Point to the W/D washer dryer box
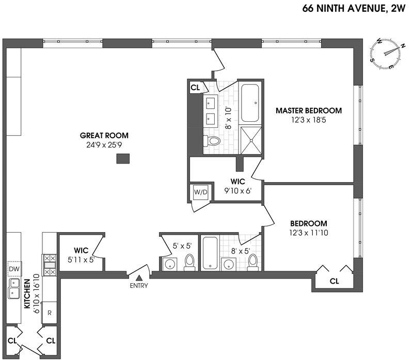200,192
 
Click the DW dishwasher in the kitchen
14,269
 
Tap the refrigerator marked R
50,313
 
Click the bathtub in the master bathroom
251,102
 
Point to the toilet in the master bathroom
213,140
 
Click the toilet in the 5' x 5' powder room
189,263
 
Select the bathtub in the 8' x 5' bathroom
211,253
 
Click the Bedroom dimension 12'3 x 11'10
309,233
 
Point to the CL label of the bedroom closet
334,281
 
